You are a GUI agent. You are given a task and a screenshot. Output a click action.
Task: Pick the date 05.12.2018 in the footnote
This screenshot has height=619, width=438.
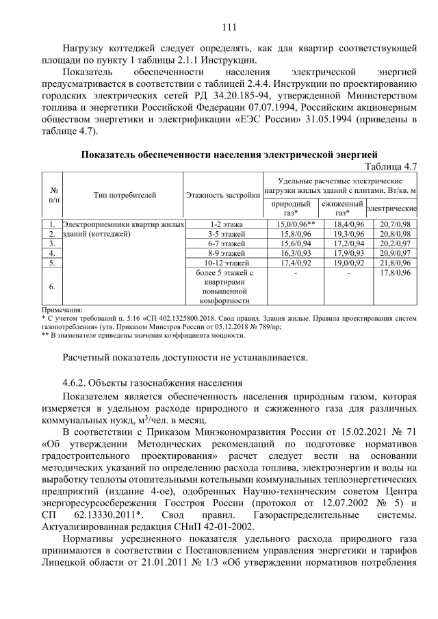(x=206, y=327)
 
